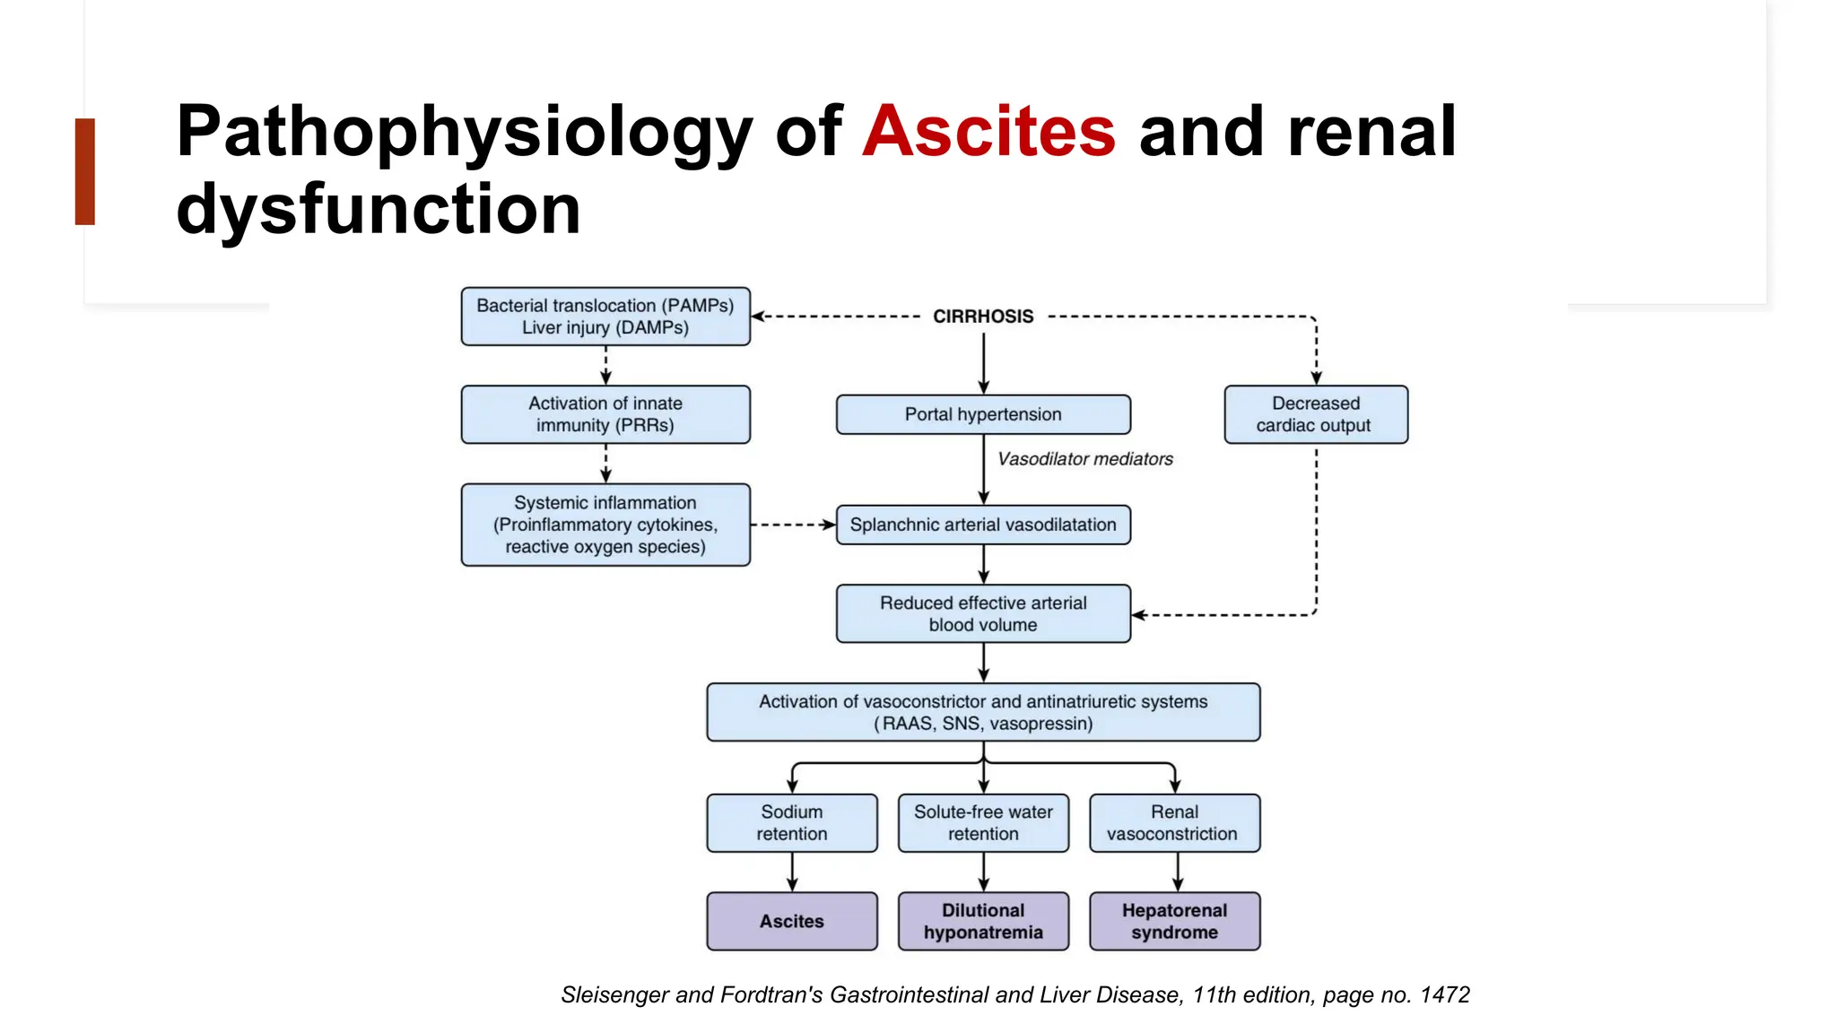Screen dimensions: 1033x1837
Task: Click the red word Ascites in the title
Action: pos(988,132)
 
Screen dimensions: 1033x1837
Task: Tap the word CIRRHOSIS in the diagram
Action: pos(983,317)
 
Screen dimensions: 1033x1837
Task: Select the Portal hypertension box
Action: pos(983,414)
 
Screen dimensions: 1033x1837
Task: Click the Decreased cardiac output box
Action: pos(1315,414)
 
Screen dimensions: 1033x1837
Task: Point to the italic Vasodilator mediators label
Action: pos(1084,459)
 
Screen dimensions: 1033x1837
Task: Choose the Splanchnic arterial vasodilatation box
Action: pos(983,525)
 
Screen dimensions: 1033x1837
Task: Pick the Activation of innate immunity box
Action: pos(605,414)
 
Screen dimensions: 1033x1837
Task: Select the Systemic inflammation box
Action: pos(605,525)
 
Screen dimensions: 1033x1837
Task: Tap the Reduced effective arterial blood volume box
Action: pos(983,614)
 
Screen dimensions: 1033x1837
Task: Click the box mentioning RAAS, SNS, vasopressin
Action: pos(983,713)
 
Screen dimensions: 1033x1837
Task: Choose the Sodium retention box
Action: pos(791,822)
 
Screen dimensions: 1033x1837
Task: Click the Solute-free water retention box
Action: pos(983,822)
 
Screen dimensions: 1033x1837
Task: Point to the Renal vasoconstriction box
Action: pos(1173,822)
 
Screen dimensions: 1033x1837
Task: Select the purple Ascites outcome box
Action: pos(791,921)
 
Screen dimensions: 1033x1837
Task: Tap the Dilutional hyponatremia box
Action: pos(983,921)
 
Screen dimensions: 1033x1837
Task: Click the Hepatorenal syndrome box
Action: pos(1173,921)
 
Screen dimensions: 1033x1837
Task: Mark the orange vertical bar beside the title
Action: pos(85,171)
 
